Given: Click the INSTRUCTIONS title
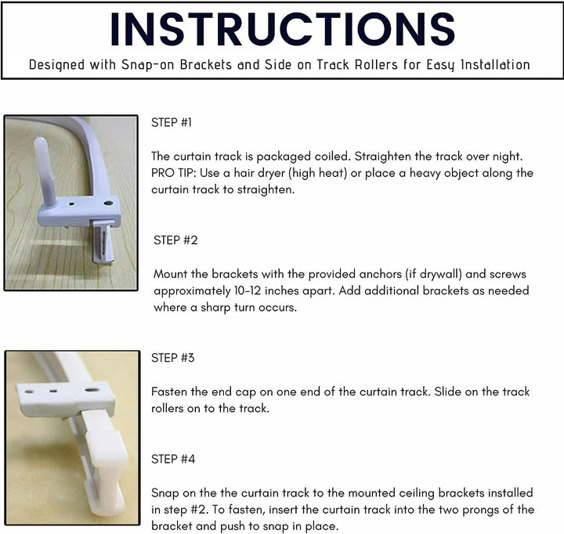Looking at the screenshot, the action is (282, 29).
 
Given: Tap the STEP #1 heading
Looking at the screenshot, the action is (172, 123).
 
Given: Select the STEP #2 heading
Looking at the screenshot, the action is (175, 240).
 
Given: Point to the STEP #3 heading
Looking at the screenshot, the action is (172, 358).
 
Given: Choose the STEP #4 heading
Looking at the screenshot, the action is (173, 459).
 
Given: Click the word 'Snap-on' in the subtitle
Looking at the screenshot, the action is (148, 65).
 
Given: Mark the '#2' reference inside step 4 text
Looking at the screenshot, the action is (198, 510).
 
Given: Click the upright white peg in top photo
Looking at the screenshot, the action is (45, 172).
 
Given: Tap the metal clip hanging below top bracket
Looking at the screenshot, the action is (103, 242).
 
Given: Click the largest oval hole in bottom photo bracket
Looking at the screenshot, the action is (92, 389).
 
